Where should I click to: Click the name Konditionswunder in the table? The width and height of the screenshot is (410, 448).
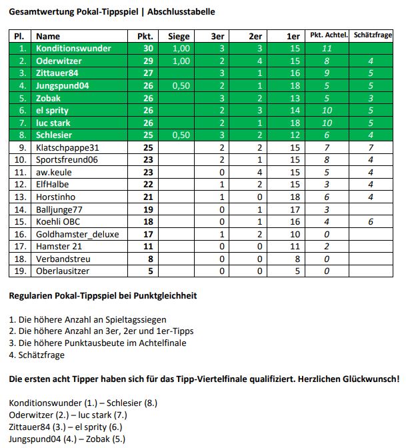tap(73, 49)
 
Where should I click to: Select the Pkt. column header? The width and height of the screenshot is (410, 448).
tap(145, 36)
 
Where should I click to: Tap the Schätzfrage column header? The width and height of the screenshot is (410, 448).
tap(373, 36)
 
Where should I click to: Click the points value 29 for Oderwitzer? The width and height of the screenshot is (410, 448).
tap(148, 61)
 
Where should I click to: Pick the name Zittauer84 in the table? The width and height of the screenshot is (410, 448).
tap(59, 73)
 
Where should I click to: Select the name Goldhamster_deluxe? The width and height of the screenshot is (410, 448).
tap(75, 234)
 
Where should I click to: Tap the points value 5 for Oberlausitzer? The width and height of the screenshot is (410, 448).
tap(150, 271)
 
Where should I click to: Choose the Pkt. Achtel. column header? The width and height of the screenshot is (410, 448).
tap(327, 36)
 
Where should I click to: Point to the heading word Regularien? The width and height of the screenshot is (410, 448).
tap(32, 295)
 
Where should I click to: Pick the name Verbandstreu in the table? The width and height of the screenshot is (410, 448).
tap(63, 259)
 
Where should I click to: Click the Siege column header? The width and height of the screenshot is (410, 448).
tap(179, 36)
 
